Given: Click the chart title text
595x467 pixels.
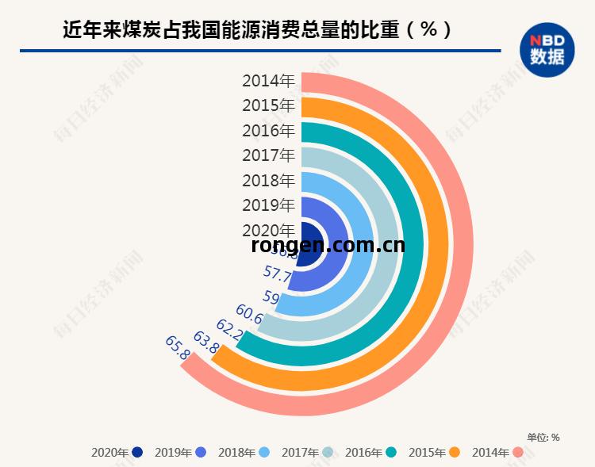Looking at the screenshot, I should click(x=258, y=29).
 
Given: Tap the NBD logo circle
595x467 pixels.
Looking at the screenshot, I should click(x=547, y=49).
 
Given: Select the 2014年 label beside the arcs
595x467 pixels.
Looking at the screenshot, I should click(x=268, y=80).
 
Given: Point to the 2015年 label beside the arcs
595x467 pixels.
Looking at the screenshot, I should click(x=268, y=105).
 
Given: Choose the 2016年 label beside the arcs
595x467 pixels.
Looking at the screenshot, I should click(x=268, y=131).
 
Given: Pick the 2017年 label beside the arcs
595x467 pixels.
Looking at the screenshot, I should click(x=268, y=155).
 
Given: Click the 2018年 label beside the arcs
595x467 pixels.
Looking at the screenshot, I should click(x=268, y=181).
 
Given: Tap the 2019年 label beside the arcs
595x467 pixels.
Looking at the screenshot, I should click(x=268, y=206).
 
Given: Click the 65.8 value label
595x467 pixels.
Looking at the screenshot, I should click(x=178, y=348).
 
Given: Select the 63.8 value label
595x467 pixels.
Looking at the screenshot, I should click(x=206, y=343).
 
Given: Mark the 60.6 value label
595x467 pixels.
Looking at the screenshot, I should click(x=249, y=314).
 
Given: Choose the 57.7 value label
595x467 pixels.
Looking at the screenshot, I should click(x=278, y=275).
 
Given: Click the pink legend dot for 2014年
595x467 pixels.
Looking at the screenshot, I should click(x=519, y=453).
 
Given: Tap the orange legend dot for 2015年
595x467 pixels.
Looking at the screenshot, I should click(x=455, y=453).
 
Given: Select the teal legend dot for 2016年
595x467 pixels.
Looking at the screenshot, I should click(x=392, y=453).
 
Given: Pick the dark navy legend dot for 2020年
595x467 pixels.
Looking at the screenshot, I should click(x=138, y=453).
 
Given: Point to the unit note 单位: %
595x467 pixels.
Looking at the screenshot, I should click(x=543, y=437).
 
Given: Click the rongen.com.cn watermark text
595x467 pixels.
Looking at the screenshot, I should click(x=328, y=245).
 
